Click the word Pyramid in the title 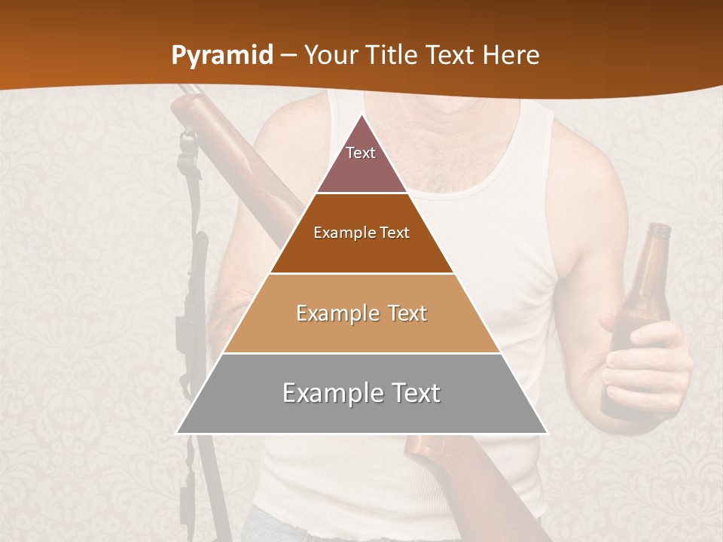(222, 56)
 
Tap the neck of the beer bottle (657, 248)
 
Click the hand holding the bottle (648, 369)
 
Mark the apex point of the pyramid (361, 115)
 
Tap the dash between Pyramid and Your (288, 56)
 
